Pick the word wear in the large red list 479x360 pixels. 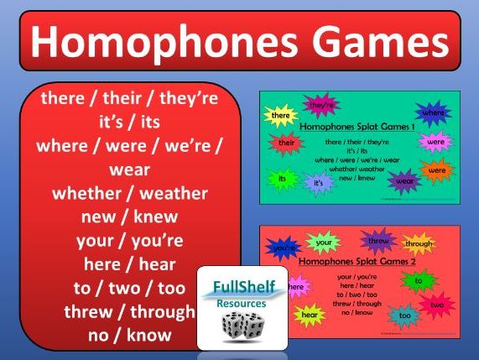point(129,170)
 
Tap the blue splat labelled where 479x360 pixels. point(434,112)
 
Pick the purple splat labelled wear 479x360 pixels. point(404,180)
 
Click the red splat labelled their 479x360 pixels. point(284,143)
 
